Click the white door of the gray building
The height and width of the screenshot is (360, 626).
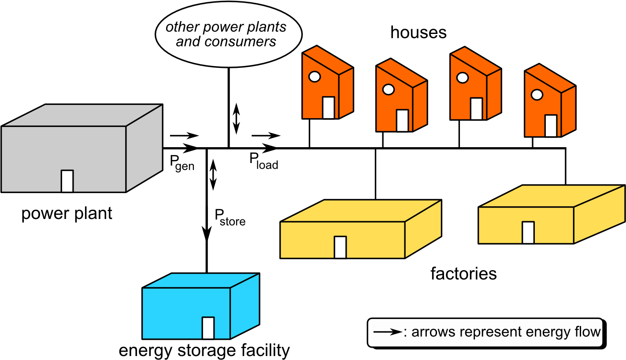67,181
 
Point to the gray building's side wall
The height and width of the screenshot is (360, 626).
144,148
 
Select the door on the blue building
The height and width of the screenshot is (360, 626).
208,328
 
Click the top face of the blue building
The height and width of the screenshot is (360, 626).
201,281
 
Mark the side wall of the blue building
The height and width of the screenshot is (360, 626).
244,306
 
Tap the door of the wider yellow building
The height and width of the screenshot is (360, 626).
340,247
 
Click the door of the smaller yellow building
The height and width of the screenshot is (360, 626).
528,232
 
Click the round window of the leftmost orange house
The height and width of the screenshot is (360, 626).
314,77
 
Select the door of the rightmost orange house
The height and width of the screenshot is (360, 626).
551,126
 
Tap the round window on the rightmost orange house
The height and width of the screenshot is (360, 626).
537,94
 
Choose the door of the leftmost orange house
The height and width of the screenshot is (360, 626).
328,108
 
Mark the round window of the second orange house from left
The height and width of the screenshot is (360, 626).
388,89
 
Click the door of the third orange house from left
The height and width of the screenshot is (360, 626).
476,109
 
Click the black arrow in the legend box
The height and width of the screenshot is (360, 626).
387,332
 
